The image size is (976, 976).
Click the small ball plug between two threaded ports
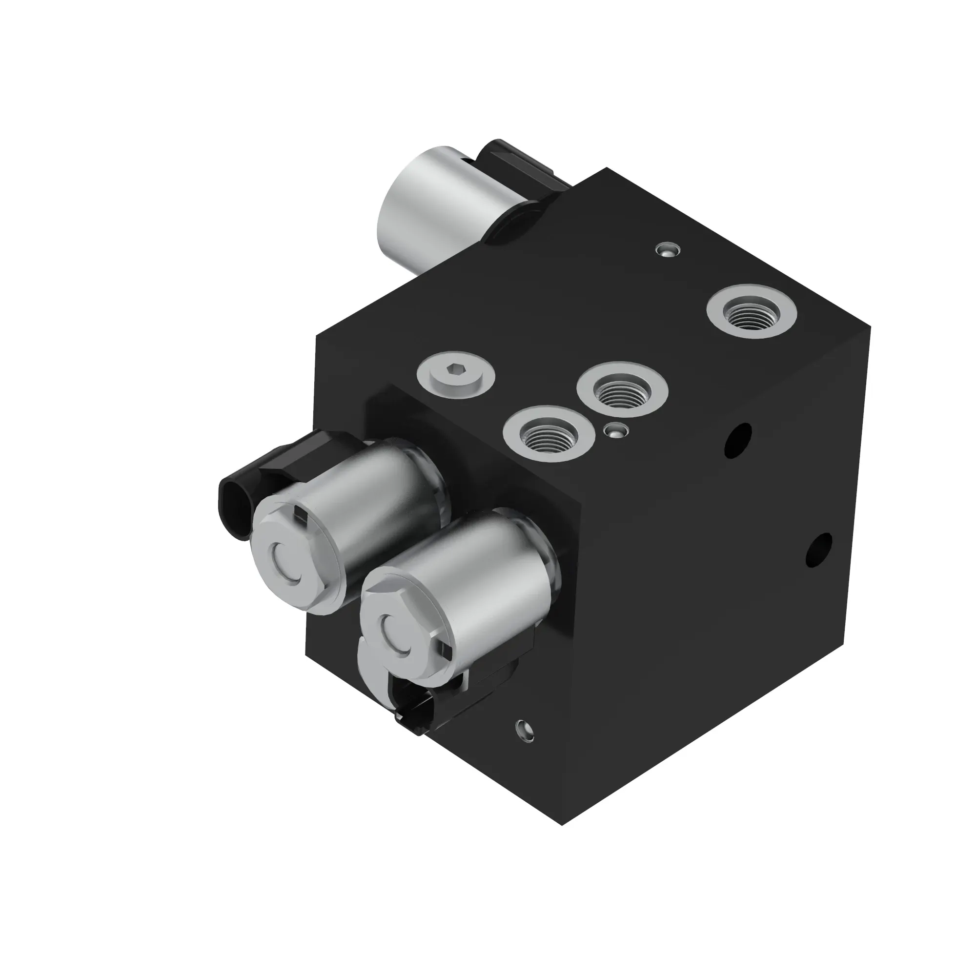(616, 431)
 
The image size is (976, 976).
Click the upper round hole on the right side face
(737, 442)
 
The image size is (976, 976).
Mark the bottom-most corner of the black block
(562, 824)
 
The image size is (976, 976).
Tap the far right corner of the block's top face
(871, 327)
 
